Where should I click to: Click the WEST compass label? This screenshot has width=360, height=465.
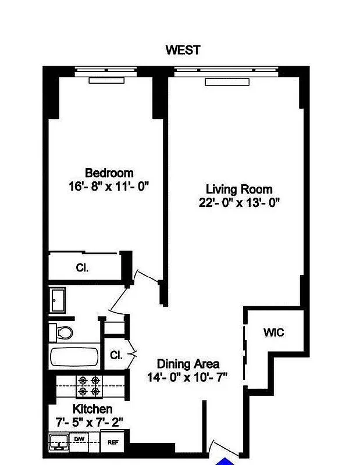[x=183, y=49]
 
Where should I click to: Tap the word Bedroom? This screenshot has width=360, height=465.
[x=109, y=173]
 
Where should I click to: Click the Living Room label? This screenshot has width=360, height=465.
[x=239, y=189]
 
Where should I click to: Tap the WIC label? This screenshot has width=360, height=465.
[x=273, y=332]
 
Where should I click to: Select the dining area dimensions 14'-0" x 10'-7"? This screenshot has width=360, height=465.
[x=187, y=377]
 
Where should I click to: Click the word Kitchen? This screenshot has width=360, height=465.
[x=92, y=409]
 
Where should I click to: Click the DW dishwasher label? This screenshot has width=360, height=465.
[x=79, y=439]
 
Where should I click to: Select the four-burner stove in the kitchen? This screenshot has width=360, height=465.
[x=90, y=384]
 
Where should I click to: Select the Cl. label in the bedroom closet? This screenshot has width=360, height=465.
[x=81, y=268]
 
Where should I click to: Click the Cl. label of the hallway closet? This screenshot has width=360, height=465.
[x=116, y=355]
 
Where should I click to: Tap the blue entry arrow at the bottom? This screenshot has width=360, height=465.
[x=227, y=462]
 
